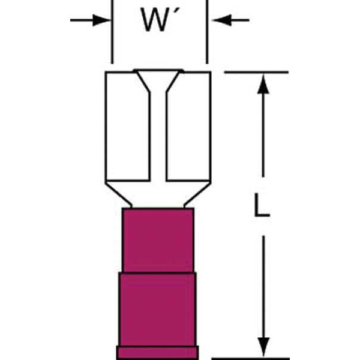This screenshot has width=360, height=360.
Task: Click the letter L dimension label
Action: pyautogui.click(x=262, y=205)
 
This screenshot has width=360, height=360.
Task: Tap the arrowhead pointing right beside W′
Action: pyautogui.click(x=101, y=20)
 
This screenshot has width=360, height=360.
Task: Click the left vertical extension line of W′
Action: pyautogui.click(x=112, y=32)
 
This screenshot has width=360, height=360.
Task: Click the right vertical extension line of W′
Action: pyautogui.click(x=207, y=32)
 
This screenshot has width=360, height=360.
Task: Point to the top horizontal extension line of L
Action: pyautogui.click(x=256, y=73)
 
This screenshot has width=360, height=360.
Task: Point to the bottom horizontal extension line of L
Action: pyautogui.click(x=250, y=358)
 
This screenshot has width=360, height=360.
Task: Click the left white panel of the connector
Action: pyautogui.click(x=128, y=126)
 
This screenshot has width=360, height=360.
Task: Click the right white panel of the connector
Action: pyautogui.click(x=189, y=126)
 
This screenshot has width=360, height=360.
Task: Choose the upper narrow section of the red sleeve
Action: pyautogui.click(x=158, y=240)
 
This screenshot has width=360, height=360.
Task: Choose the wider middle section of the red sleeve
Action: pyautogui.click(x=157, y=309)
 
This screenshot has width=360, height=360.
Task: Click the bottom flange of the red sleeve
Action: pyautogui.click(x=157, y=352)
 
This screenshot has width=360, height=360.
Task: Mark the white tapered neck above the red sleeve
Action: pyautogui.click(x=158, y=194)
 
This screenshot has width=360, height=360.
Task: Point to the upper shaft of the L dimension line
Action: pyautogui.click(x=263, y=136)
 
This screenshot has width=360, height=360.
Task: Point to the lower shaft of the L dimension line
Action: pyautogui.click(x=263, y=287)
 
